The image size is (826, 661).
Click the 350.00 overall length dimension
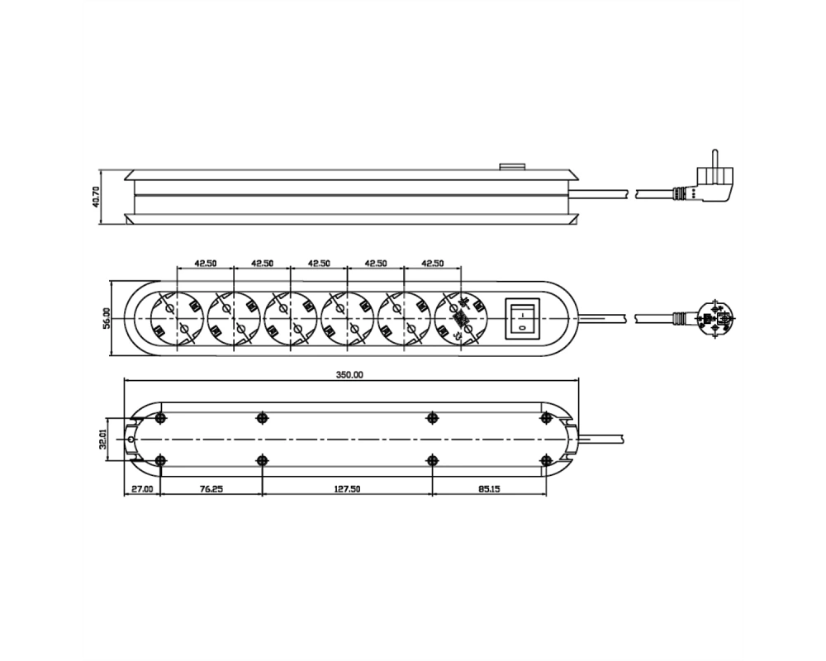pos(349,375)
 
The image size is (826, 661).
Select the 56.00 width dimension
pos(107,318)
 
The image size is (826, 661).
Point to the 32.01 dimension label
pos(102,438)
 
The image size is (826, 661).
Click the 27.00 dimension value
pos(142,488)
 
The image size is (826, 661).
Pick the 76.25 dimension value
pos(211,488)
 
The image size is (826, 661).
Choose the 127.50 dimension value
pos(347,488)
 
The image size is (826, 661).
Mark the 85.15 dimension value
pos(489,488)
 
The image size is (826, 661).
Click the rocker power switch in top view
pos(523,318)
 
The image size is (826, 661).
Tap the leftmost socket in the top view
pos(178,318)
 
